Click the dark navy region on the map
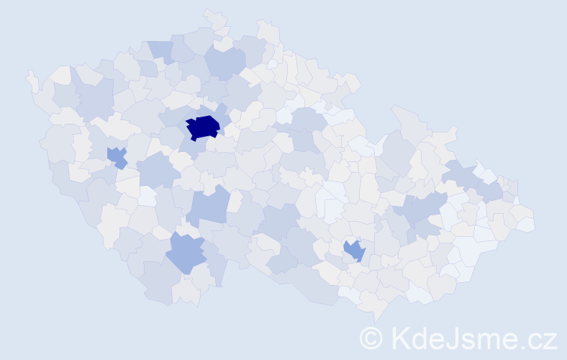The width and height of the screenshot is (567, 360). point(203,127)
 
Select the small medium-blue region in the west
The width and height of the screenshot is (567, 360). point(116,156)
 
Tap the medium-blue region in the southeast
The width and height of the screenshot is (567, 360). point(354,251)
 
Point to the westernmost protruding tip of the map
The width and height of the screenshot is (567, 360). point(29,73)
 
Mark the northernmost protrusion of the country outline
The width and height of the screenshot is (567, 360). point(209,12)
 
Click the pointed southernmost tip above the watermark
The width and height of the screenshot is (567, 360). point(376,321)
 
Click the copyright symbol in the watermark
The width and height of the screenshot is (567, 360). point(371,338)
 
